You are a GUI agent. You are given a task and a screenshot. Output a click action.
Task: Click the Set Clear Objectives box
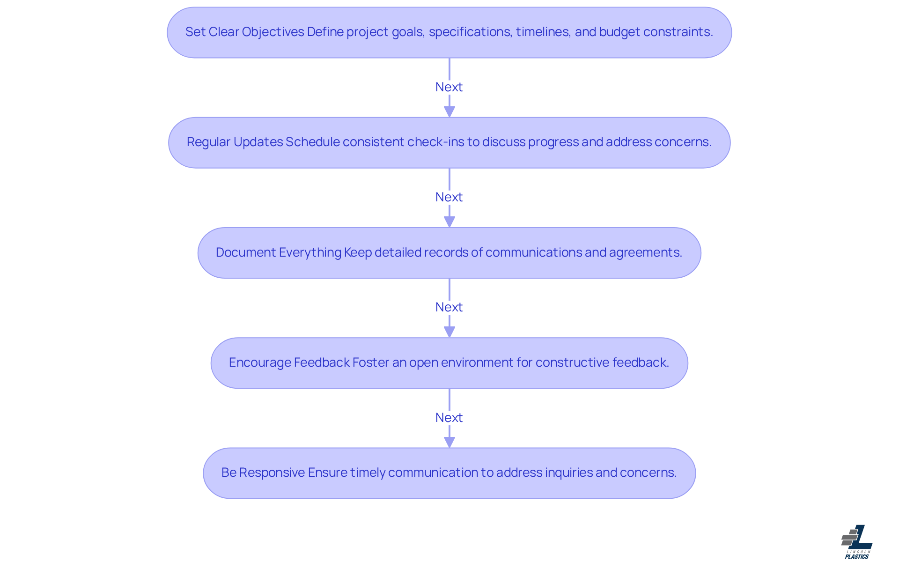click(x=449, y=32)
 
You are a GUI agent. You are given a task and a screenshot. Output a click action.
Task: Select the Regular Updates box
click(x=449, y=142)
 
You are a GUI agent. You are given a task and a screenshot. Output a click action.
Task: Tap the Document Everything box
click(x=449, y=253)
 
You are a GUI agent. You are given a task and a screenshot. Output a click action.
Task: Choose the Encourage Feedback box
click(x=449, y=363)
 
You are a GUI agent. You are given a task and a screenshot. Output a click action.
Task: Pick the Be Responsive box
click(x=449, y=473)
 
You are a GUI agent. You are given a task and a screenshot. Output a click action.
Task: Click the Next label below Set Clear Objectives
click(x=449, y=87)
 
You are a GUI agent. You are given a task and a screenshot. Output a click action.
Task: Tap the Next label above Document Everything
click(x=449, y=197)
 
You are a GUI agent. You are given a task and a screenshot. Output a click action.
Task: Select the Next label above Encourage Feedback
click(x=449, y=307)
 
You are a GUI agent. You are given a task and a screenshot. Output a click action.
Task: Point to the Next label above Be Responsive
click(x=449, y=418)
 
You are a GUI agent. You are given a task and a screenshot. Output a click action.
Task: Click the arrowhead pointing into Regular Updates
click(x=449, y=111)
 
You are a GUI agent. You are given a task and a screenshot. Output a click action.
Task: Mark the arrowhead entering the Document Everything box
click(x=449, y=222)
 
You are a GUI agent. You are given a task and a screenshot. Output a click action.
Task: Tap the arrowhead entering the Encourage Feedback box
click(x=449, y=332)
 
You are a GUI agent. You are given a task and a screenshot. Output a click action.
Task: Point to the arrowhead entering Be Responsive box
click(x=449, y=442)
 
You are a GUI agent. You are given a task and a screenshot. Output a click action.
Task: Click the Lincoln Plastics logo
click(x=857, y=542)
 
